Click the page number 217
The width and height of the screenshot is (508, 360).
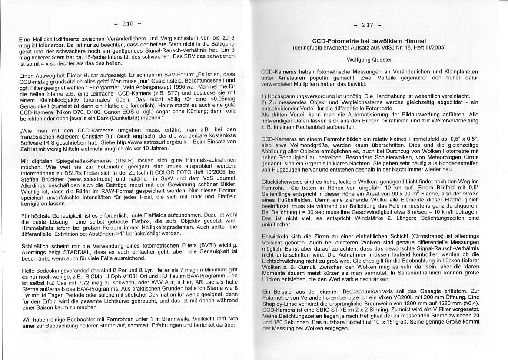click(x=367, y=25)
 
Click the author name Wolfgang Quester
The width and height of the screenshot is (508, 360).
click(x=369, y=59)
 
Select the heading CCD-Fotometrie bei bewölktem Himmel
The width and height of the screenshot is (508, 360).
click(x=369, y=41)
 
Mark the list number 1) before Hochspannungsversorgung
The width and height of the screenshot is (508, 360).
click(x=264, y=96)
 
